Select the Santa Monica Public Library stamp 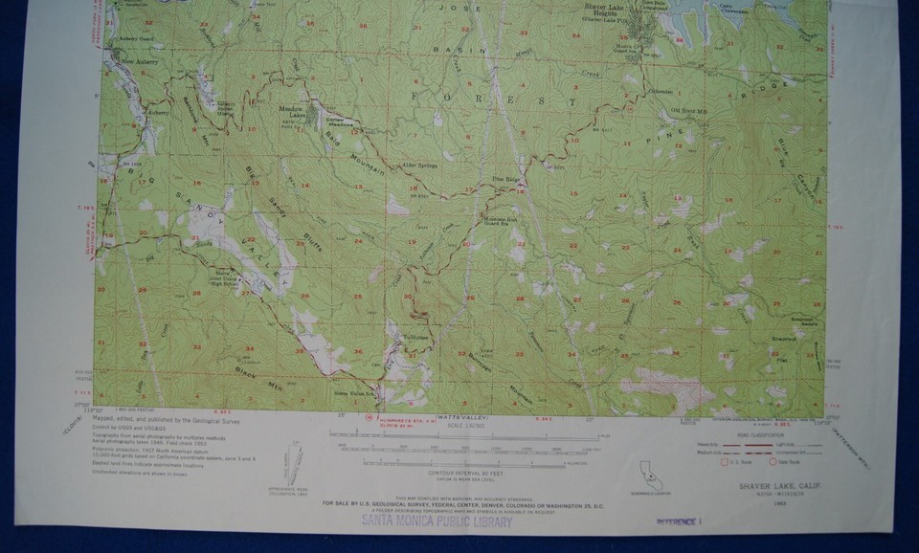point(436,522)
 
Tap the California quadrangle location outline point(651,476)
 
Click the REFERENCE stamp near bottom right point(679,522)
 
